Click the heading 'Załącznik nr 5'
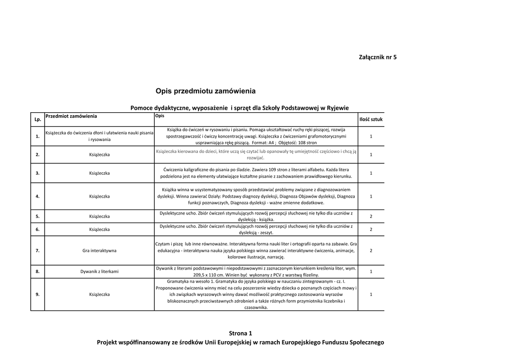coord(378,57)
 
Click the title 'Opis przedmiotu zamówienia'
coord(206,91)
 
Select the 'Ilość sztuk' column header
coord(371,119)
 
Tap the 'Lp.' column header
coord(38,120)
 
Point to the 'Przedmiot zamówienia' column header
coord(71,116)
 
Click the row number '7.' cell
coord(38,251)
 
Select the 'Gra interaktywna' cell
coord(99,251)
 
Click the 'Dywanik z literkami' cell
coord(99,272)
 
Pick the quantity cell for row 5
coord(371,216)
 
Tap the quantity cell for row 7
coord(371,251)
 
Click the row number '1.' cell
coord(38,136)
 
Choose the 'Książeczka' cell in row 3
coord(99,173)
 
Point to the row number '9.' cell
coord(38,294)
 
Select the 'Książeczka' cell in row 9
coord(99,294)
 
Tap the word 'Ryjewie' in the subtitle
coord(337,107)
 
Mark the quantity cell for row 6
coord(371,229)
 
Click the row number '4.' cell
coord(38,196)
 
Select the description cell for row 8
coord(255,272)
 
